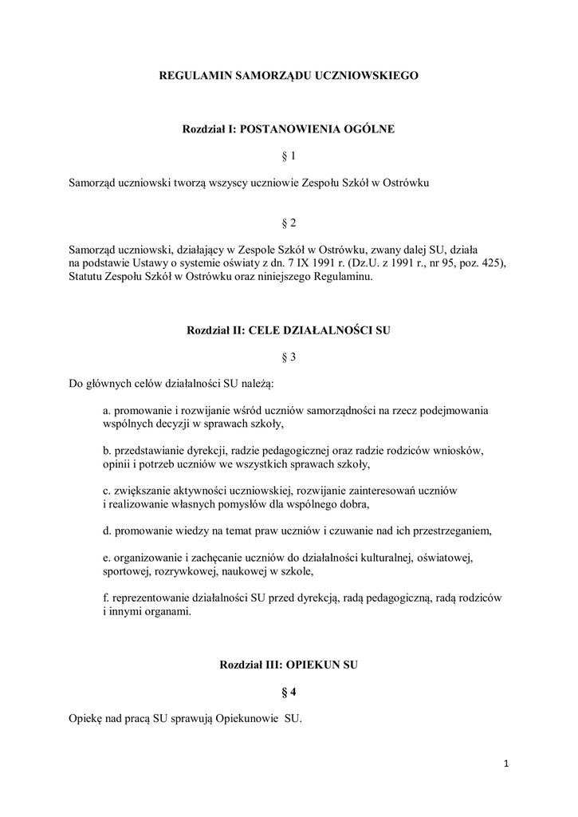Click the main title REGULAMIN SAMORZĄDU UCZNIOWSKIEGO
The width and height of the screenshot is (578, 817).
click(289, 76)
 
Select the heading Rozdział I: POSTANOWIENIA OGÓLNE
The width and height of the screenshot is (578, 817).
click(289, 128)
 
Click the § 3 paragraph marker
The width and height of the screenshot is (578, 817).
click(289, 357)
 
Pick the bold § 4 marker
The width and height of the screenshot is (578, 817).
click(289, 691)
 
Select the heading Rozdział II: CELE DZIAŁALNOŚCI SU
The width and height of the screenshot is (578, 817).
click(289, 330)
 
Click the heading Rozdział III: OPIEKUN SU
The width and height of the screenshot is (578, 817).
click(289, 664)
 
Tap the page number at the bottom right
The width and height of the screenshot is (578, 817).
click(505, 764)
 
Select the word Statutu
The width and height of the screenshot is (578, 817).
click(88, 278)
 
